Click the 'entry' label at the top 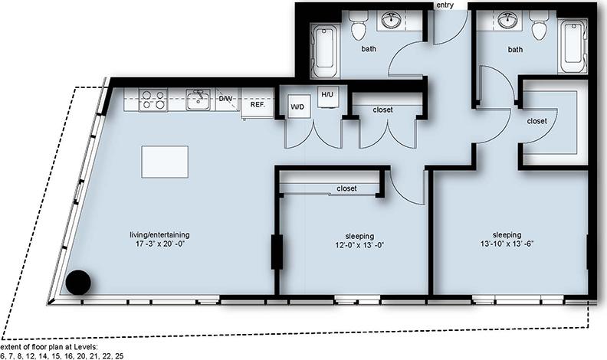coord(445,5)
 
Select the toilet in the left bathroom coord(359,29)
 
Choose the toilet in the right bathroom coord(538,29)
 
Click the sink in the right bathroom coord(507,21)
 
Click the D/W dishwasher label coord(225,99)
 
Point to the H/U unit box coord(327,94)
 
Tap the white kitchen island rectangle coord(165,162)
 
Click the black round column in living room coord(77,282)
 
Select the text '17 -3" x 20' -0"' coord(159,246)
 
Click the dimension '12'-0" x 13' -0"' coord(353,247)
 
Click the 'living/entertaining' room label coord(159,234)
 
